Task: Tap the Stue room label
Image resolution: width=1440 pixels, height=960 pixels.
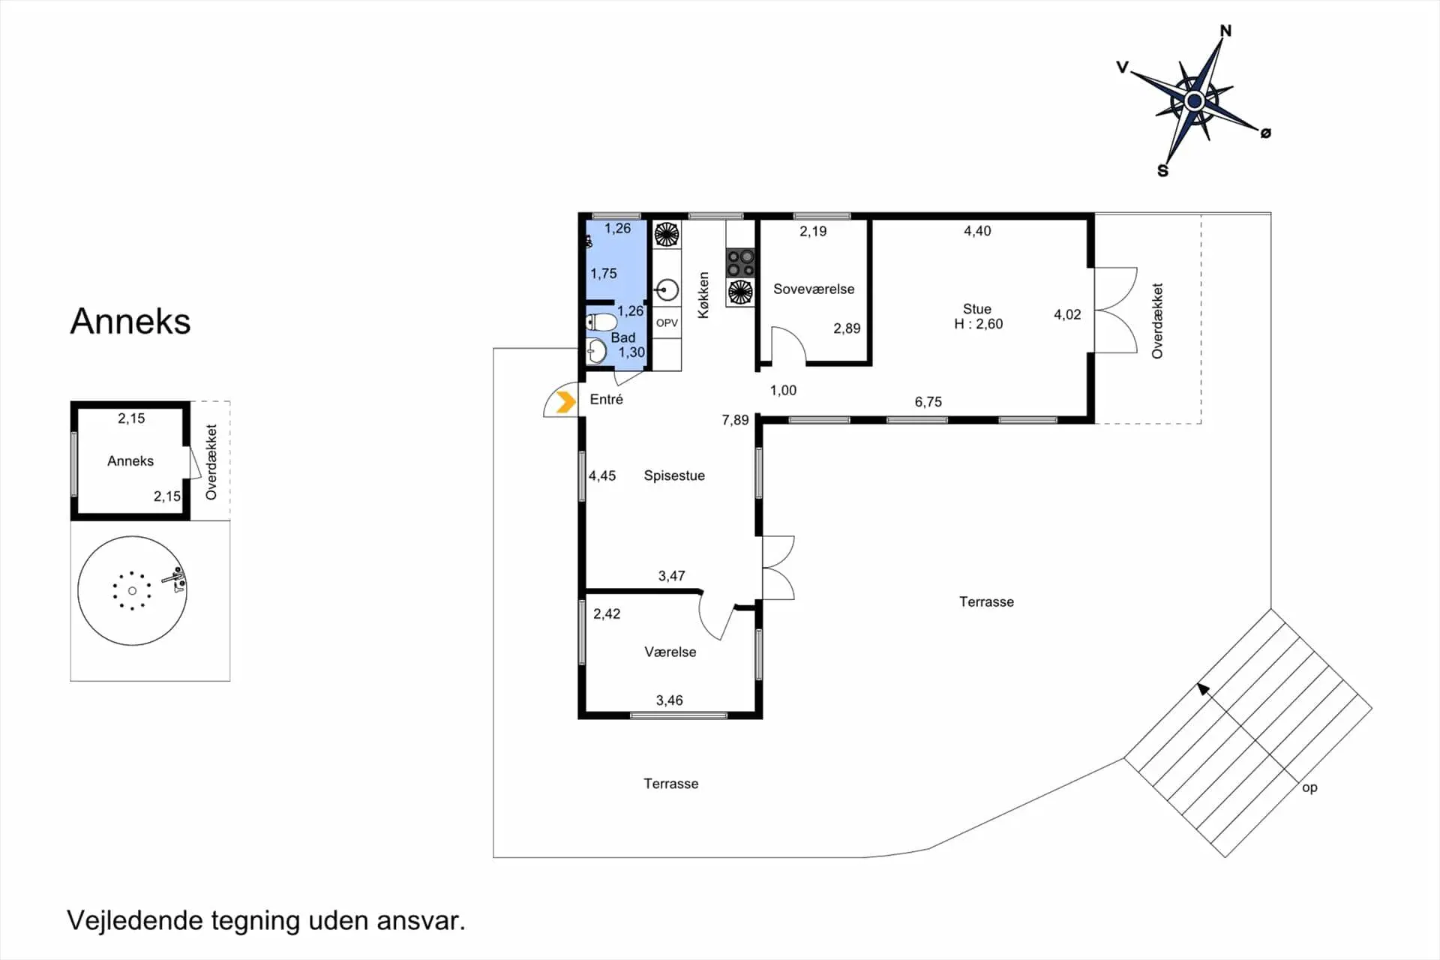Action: coord(977,309)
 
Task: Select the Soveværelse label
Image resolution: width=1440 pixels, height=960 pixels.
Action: coord(814,289)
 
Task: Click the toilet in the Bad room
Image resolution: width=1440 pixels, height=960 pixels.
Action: coord(601,322)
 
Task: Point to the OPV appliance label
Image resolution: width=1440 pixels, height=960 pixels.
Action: coord(667,323)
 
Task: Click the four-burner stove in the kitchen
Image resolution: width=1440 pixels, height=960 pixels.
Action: coord(740,263)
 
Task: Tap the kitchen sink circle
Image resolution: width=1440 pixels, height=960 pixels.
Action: coord(667,289)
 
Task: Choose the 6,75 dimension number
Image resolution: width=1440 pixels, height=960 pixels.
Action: coord(928,402)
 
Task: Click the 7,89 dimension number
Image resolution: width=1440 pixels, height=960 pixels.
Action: coord(735,420)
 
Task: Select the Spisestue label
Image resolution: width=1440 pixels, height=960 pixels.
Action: coord(674,475)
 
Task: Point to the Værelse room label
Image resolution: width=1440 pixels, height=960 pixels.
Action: coord(670,652)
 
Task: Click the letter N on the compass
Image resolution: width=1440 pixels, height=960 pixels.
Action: coord(1225,31)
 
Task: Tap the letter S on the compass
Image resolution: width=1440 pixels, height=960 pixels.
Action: coord(1162,171)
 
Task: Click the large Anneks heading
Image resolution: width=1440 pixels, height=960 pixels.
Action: coord(130,321)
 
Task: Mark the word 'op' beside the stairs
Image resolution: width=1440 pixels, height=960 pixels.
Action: coord(1309,787)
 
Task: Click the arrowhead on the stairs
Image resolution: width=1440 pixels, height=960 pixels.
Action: coord(1203,688)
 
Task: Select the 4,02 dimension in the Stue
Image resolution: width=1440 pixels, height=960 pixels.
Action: coord(1067,314)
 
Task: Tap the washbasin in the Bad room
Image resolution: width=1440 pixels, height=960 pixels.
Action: coord(596,351)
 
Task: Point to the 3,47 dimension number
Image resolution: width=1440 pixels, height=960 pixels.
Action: coord(671,576)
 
